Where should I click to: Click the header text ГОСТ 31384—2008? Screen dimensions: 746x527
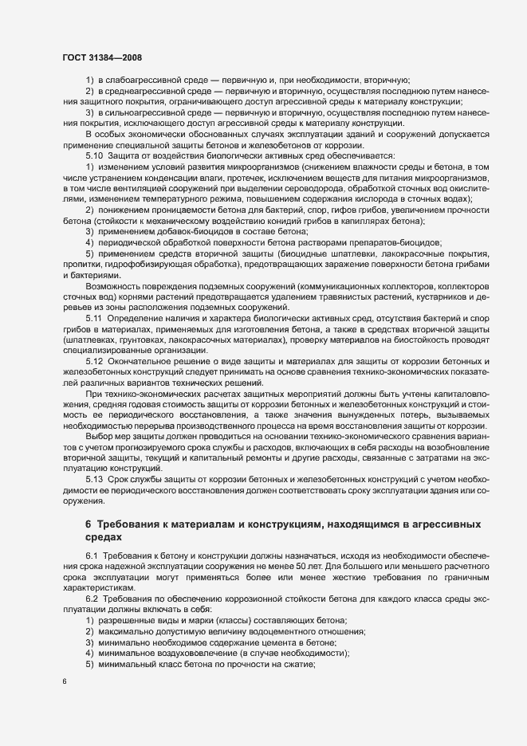(101, 57)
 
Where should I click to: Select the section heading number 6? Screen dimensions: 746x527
(88, 524)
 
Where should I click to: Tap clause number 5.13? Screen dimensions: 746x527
(95, 478)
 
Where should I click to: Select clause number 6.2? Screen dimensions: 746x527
(92, 599)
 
